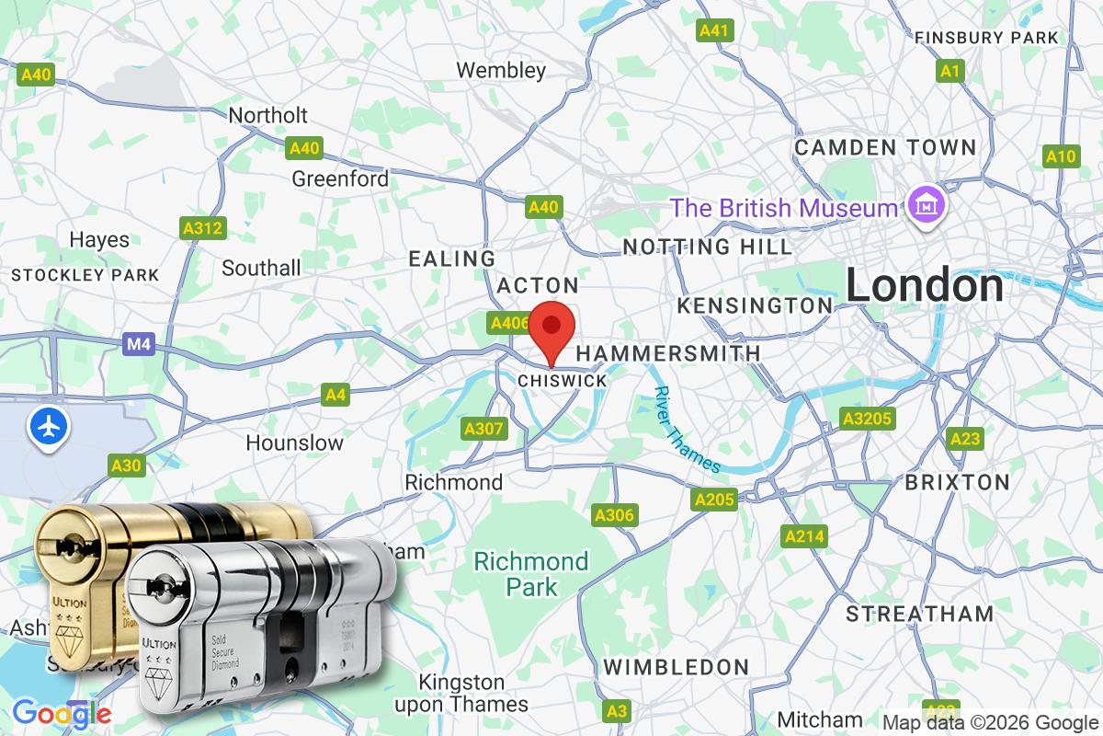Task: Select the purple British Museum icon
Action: tap(920, 205)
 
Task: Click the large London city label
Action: tap(925, 285)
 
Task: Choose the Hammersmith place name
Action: tap(668, 353)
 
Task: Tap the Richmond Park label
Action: tap(531, 573)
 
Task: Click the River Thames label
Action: tap(687, 430)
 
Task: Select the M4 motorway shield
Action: tap(138, 344)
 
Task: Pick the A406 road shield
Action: tap(509, 323)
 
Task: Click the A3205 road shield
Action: tap(867, 420)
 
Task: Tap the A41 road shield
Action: tap(714, 30)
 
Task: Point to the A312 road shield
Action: tap(202, 227)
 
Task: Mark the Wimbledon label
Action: tap(676, 667)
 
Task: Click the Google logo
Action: tap(62, 713)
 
